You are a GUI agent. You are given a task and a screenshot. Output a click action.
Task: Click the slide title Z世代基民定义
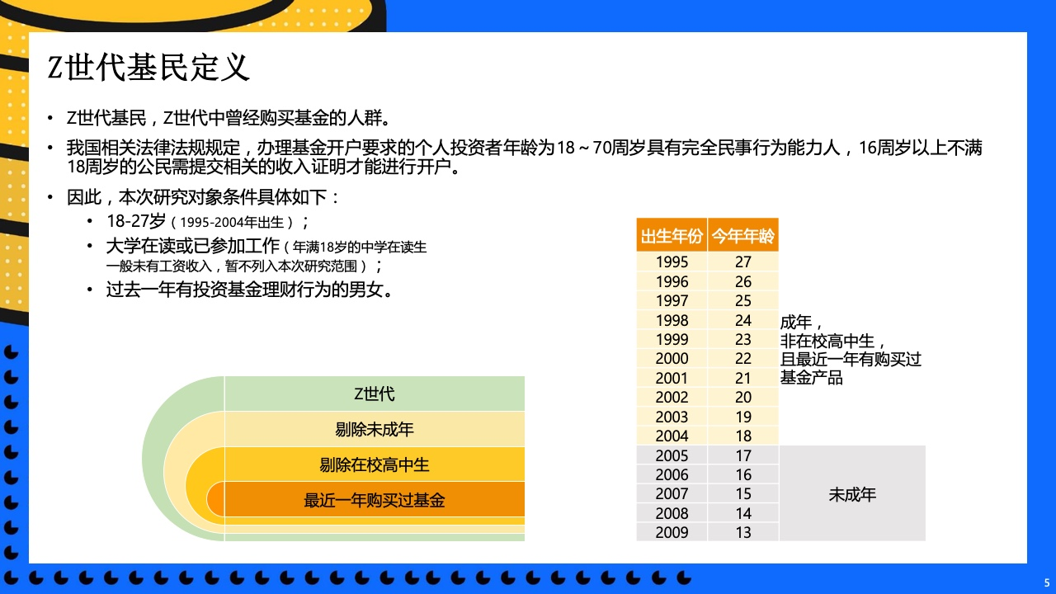click(x=148, y=68)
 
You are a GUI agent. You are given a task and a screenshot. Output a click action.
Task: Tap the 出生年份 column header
click(x=672, y=236)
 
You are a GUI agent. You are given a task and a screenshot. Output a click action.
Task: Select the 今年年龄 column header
click(x=743, y=236)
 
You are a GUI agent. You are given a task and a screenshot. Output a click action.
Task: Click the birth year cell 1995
click(x=672, y=262)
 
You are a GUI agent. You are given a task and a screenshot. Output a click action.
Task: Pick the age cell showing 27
click(x=743, y=262)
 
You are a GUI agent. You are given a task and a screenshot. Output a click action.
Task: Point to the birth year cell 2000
click(x=672, y=359)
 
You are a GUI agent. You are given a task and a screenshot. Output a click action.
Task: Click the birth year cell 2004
click(x=672, y=436)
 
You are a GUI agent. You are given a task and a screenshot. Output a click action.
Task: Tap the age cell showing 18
click(x=743, y=436)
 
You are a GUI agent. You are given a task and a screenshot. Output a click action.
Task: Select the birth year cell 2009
click(x=672, y=532)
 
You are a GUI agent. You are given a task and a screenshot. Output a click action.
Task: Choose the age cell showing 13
click(x=743, y=532)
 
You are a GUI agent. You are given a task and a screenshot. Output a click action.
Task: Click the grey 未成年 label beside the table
click(x=852, y=494)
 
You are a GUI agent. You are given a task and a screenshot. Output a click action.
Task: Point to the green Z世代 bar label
click(x=375, y=394)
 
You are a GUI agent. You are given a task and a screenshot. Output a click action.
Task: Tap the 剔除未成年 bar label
click(x=375, y=430)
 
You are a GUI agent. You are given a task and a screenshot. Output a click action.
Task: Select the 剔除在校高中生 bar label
click(x=375, y=464)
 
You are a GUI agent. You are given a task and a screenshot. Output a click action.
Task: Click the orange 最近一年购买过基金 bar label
click(x=375, y=500)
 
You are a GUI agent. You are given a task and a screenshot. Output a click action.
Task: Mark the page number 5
click(x=1047, y=582)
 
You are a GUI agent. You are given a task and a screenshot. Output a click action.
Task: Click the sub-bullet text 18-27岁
click(x=136, y=221)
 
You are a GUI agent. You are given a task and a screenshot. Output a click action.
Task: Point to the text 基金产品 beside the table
click(x=811, y=378)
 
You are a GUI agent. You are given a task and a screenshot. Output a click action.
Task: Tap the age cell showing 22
click(x=743, y=359)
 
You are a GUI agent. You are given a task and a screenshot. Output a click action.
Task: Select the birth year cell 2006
click(x=672, y=474)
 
